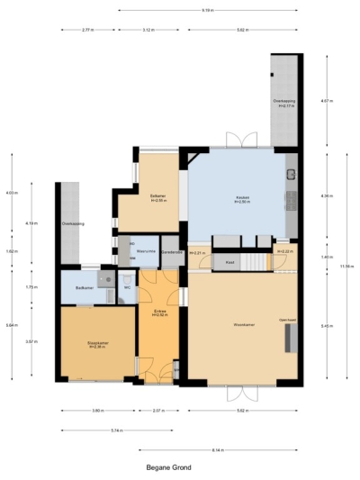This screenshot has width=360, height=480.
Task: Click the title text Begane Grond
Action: point(168,467)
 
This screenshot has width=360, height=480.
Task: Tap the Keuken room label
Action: point(242,199)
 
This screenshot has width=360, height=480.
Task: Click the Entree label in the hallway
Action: point(157,312)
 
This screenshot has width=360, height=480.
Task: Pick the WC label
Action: point(127,288)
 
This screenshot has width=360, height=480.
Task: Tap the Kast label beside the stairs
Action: point(230,262)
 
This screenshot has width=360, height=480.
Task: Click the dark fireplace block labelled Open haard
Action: point(289,338)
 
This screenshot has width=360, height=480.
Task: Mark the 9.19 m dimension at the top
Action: point(208,11)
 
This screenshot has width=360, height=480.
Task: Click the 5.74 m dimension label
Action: point(116,430)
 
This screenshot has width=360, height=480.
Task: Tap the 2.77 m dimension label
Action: point(87,30)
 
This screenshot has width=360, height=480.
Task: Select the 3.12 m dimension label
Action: point(147,30)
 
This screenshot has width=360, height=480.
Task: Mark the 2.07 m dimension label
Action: point(157,411)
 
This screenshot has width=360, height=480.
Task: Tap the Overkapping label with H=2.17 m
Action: point(285,104)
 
